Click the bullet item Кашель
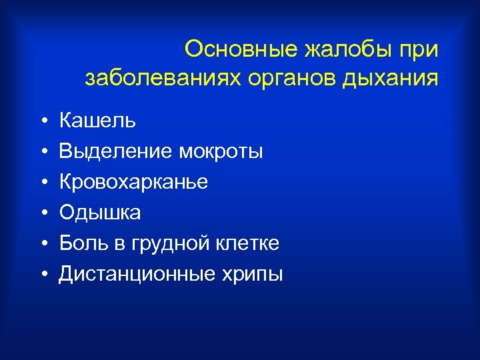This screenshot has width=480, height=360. coord(97,121)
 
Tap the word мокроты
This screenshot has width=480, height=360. coord(221,153)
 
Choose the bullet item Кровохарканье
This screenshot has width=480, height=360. coord(133,183)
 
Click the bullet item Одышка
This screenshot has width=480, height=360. coord(100,213)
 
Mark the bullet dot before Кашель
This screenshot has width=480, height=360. coord(42,122)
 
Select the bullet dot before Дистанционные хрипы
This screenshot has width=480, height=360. coord(42,275)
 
